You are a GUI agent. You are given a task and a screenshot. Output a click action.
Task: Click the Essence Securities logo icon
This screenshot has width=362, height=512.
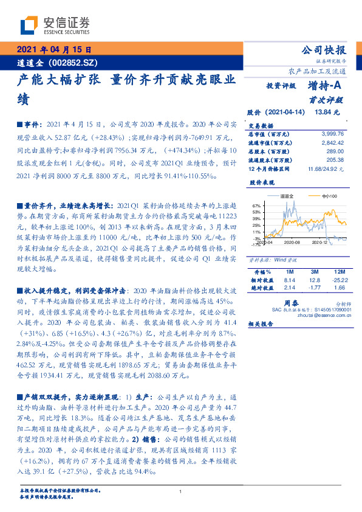coord(28,25)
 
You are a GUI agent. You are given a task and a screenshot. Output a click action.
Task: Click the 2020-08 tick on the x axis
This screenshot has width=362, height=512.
coord(292,242)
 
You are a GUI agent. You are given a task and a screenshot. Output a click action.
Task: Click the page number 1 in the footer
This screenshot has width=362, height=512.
coord(181,491)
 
